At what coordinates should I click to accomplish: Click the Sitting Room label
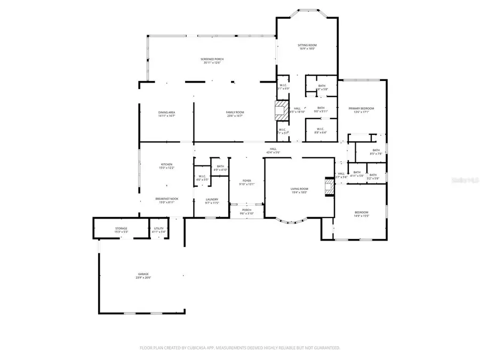(307, 45)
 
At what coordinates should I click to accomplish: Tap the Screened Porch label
(212, 59)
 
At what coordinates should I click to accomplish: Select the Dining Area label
(166, 113)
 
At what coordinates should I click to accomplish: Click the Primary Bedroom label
(361, 108)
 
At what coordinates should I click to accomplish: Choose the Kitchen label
(167, 164)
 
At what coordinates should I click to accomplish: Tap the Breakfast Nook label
(167, 198)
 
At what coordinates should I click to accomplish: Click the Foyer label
(246, 181)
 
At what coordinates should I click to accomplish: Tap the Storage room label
(121, 228)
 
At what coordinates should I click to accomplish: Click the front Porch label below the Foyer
(246, 210)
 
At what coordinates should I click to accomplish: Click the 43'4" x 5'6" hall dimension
(273, 153)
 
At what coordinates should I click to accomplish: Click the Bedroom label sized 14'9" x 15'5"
(361, 213)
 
